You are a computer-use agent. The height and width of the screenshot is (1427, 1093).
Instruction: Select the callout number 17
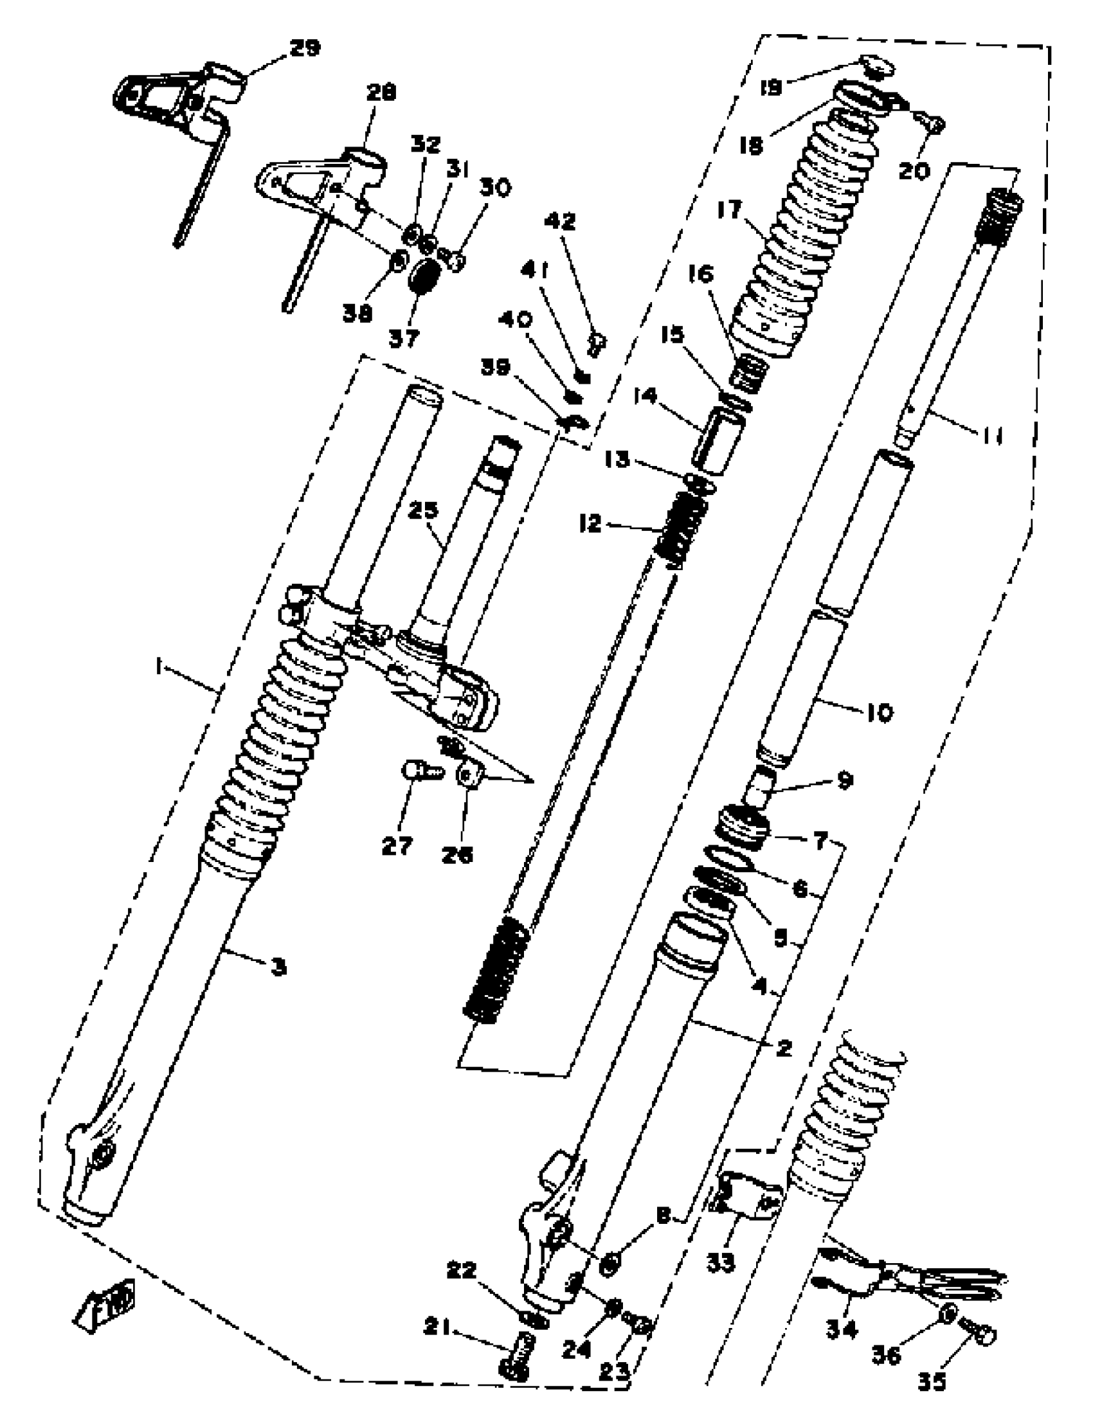pyautogui.click(x=730, y=210)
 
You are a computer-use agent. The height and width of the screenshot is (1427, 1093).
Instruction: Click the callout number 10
pyautogui.click(x=879, y=713)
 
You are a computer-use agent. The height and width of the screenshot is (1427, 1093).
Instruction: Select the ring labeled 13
pyautogui.click(x=700, y=483)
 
